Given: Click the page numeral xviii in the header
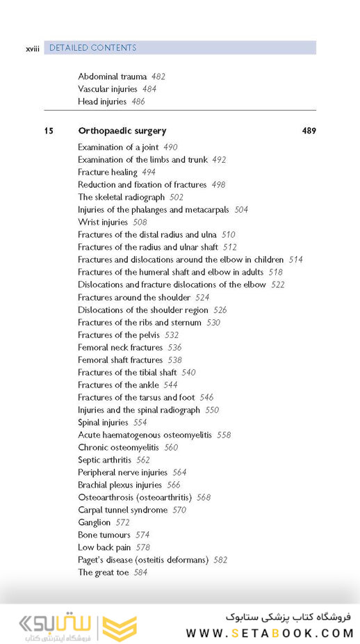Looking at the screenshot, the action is click(x=32, y=49).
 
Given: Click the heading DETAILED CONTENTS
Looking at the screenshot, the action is click(x=93, y=48).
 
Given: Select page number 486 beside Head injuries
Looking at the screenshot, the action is click(x=138, y=102).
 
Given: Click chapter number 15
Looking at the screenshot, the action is click(x=49, y=131).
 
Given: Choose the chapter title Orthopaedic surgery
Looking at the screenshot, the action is click(x=122, y=131).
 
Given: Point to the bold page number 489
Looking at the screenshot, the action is click(x=309, y=131).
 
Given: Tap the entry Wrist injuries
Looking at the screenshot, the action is click(x=103, y=223).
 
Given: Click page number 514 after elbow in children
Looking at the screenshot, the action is click(x=295, y=260).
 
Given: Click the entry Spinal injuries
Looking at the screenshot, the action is click(x=103, y=423).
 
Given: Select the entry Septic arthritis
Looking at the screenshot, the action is click(x=104, y=460).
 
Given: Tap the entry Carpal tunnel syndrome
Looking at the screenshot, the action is click(x=122, y=510).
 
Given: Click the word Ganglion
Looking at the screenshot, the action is click(x=94, y=523).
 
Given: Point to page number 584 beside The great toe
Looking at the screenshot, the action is click(x=141, y=573).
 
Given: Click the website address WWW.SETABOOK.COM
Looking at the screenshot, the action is click(x=270, y=633).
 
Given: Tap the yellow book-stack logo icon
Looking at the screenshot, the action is click(x=120, y=628).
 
